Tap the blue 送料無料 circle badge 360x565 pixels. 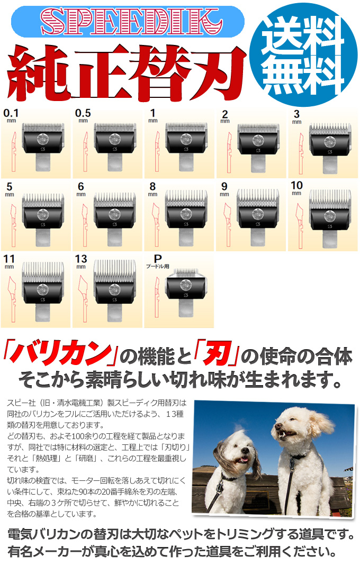point(307,54)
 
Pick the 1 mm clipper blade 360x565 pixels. point(186,143)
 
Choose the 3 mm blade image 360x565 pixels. point(329,143)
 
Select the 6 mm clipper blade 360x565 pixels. point(114,214)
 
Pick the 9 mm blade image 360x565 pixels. point(258,214)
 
